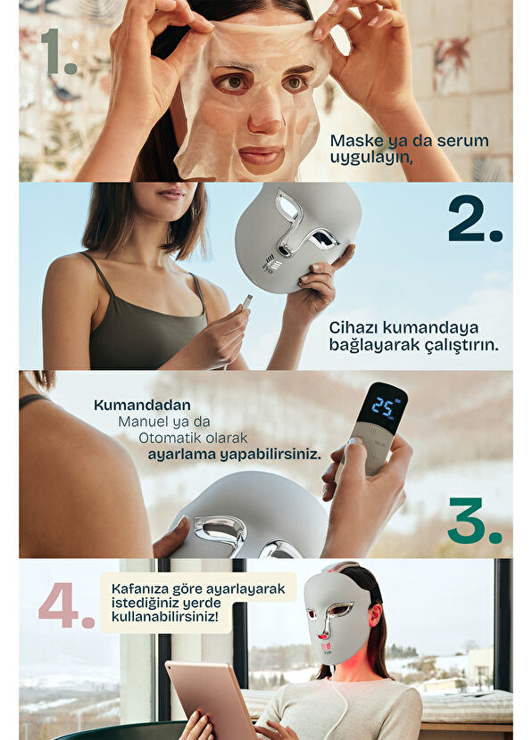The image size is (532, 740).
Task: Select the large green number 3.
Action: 473,521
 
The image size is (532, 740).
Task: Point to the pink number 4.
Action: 65,606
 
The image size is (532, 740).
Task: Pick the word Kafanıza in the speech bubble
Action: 142,588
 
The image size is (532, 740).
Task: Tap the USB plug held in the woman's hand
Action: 246,302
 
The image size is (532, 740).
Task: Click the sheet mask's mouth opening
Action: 261,157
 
